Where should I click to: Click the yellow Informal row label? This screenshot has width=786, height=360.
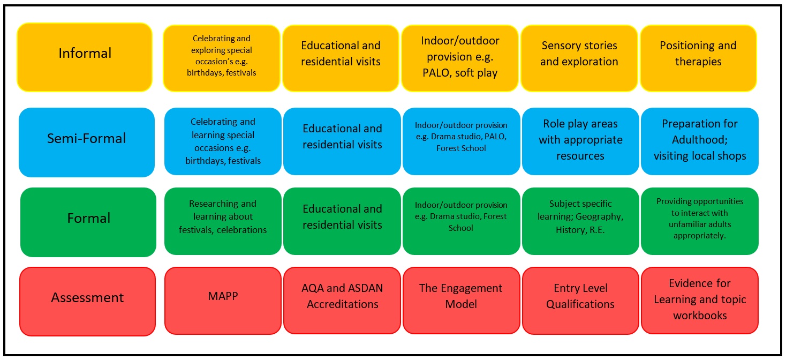pyautogui.click(x=85, y=57)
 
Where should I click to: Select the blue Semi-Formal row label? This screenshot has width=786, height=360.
pyautogui.click(x=87, y=142)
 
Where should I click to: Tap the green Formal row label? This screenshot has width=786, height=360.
pyautogui.click(x=88, y=222)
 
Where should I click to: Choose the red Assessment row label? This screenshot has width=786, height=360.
pyautogui.click(x=87, y=302)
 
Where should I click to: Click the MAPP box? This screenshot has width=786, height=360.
pyautogui.click(x=223, y=301)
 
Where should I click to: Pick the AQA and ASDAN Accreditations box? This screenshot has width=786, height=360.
pyautogui.click(x=342, y=301)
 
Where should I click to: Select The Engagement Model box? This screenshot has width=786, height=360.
pyautogui.click(x=462, y=301)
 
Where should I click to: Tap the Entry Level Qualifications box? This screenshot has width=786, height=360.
pyautogui.click(x=580, y=301)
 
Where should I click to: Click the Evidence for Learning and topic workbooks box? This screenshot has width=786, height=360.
pyautogui.click(x=700, y=301)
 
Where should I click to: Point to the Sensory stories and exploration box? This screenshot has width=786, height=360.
pyautogui.click(x=579, y=58)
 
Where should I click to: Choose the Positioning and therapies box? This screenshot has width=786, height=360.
pyautogui.click(x=698, y=58)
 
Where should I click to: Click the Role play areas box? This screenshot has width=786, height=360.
pyautogui.click(x=580, y=141)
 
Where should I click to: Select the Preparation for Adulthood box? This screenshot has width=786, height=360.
pyautogui.click(x=700, y=141)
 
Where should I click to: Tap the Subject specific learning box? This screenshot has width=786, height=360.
pyautogui.click(x=580, y=221)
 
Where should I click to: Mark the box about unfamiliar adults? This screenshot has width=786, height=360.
pyautogui.click(x=700, y=221)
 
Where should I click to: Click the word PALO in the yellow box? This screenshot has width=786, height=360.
pyautogui.click(x=436, y=73)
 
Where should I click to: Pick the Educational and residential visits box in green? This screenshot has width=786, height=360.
pyautogui.click(x=342, y=221)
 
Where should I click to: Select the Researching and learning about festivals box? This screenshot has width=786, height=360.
pyautogui.click(x=223, y=221)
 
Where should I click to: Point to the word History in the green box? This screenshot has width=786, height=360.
pyautogui.click(x=569, y=230)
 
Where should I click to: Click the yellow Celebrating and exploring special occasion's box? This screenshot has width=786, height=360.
pyautogui.click(x=222, y=58)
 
